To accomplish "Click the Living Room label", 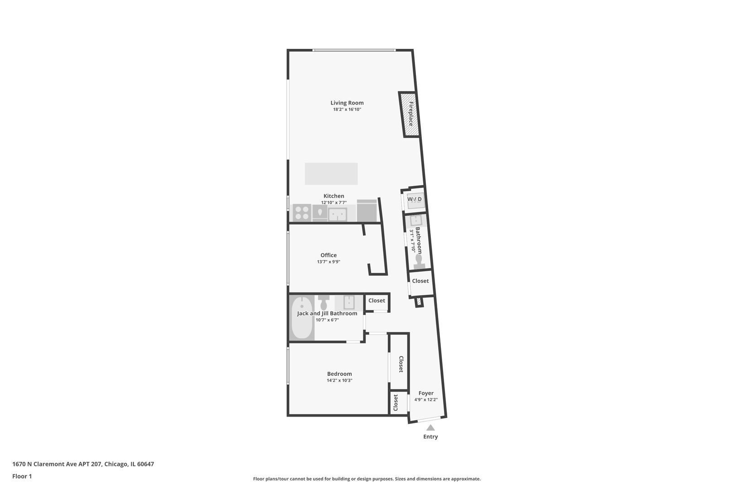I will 347,103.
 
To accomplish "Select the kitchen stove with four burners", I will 301,212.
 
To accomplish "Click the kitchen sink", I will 337,214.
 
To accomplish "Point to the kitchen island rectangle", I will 331,173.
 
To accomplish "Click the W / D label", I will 414,199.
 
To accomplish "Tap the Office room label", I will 328,255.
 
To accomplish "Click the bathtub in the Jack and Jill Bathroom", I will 302,318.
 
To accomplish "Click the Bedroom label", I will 339,374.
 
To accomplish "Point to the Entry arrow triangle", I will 430,427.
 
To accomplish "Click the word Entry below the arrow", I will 430,437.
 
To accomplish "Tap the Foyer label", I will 426,393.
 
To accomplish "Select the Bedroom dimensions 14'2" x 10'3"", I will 339,380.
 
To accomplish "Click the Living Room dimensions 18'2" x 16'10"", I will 347,110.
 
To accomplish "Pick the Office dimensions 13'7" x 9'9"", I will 328,262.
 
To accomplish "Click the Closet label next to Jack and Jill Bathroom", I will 377,300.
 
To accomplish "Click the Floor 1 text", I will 22,476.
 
